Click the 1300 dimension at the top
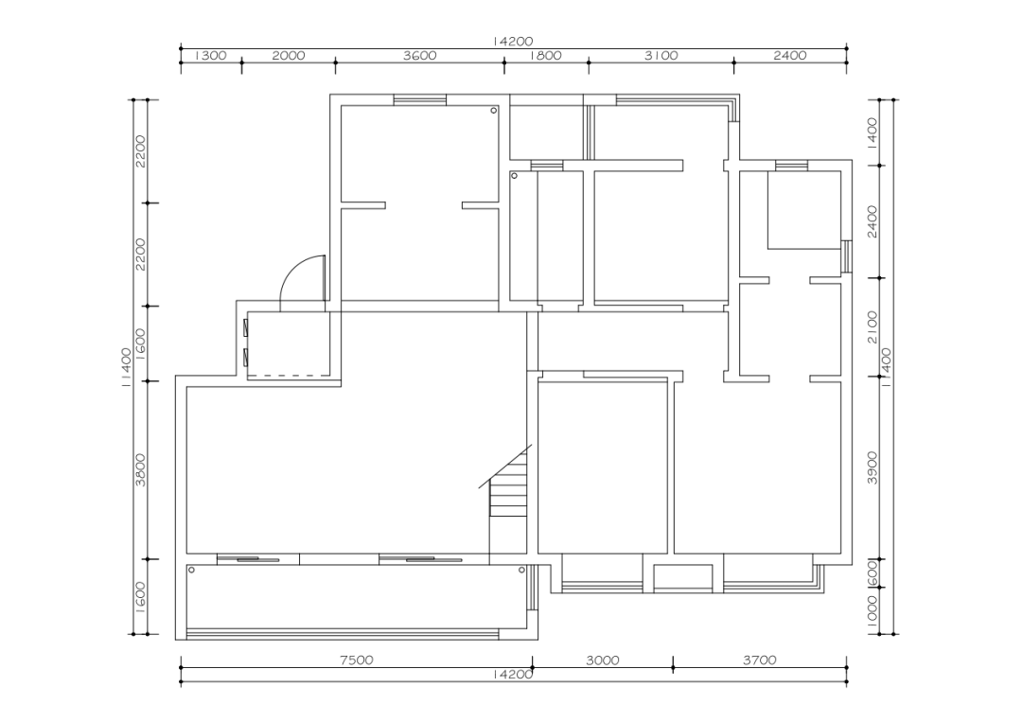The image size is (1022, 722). [x=210, y=56]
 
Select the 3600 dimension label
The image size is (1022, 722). [x=419, y=56]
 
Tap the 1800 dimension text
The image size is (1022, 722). [x=545, y=56]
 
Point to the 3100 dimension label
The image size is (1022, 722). [x=661, y=56]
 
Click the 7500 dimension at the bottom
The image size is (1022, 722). [x=356, y=660]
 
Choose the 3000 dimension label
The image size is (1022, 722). [x=602, y=660]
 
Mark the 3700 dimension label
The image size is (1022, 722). [x=759, y=660]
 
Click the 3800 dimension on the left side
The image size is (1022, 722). [x=140, y=469]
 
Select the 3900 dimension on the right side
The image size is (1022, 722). [x=872, y=467]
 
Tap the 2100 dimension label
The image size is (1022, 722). [x=872, y=326]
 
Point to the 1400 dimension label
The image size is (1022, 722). [x=872, y=131]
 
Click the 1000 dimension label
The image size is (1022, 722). [x=872, y=613]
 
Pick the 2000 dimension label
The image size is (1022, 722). [x=288, y=56]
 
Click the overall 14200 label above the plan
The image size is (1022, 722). [x=513, y=42]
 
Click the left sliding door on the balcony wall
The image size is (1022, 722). [x=249, y=559]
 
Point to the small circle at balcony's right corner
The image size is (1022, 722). [x=520, y=571]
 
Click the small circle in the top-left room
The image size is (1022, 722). [x=493, y=112]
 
